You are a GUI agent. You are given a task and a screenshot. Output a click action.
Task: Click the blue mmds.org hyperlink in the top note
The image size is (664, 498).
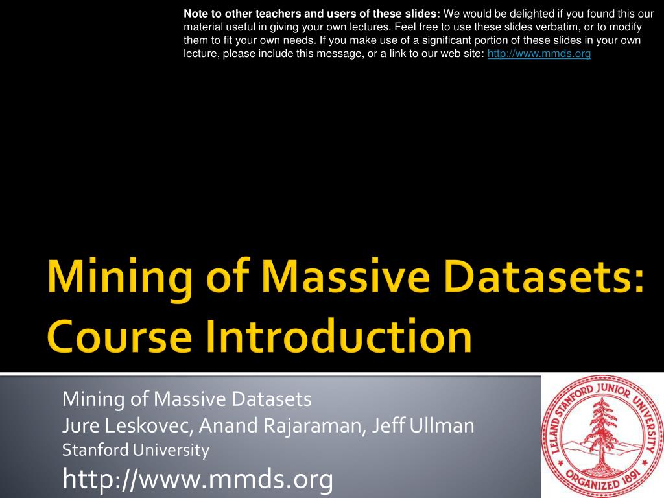[539, 54]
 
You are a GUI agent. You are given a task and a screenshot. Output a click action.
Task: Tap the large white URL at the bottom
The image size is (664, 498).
[198, 479]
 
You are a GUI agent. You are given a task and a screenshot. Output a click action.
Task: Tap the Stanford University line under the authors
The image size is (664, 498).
[136, 449]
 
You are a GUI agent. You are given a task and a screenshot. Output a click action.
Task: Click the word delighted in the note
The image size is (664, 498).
[521, 12]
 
